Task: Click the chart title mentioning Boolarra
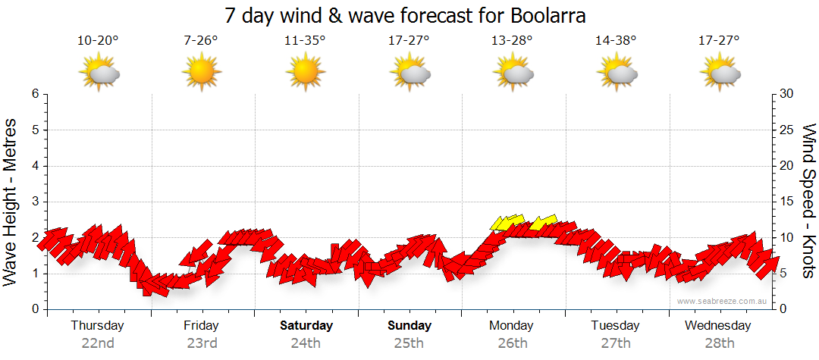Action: click(x=406, y=16)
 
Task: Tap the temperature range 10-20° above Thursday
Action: click(x=98, y=41)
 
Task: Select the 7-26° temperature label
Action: click(x=201, y=41)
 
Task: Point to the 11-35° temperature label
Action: click(x=305, y=41)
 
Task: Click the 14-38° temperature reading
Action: click(x=615, y=41)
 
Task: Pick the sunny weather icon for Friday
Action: click(x=201, y=72)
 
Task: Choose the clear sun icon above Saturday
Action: click(x=305, y=72)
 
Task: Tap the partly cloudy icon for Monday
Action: click(x=513, y=72)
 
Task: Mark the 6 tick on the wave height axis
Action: click(x=35, y=94)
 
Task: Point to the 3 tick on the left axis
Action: click(x=35, y=202)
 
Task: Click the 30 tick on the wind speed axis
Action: click(x=787, y=94)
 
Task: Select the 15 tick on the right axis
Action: click(x=787, y=202)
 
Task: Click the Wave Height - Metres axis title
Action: click(x=11, y=202)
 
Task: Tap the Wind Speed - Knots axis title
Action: click(x=808, y=202)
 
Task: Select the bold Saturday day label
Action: click(x=306, y=326)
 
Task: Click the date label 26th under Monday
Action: click(x=513, y=343)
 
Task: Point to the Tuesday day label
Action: click(x=615, y=326)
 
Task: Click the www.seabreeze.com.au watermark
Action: click(x=723, y=301)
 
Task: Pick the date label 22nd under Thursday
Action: click(x=98, y=343)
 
